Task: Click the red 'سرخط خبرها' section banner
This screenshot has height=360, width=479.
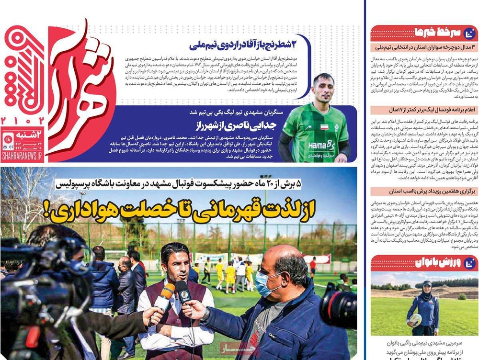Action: point(417,33)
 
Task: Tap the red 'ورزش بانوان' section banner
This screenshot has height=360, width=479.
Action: point(417,262)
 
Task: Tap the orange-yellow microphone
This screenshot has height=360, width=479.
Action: point(164,297)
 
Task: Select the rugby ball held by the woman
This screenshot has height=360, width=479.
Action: point(415,320)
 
